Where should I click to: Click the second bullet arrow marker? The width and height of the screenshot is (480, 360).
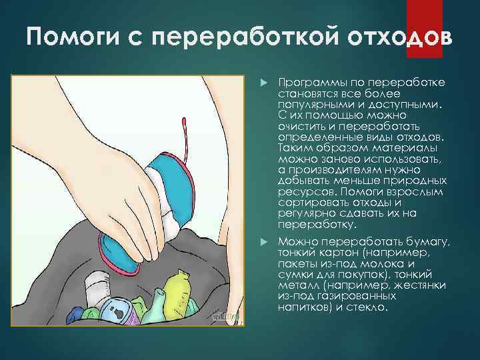point(263,241)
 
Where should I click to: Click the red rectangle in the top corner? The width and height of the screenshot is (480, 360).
point(424,18)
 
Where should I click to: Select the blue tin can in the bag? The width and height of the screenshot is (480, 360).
point(113,311)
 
